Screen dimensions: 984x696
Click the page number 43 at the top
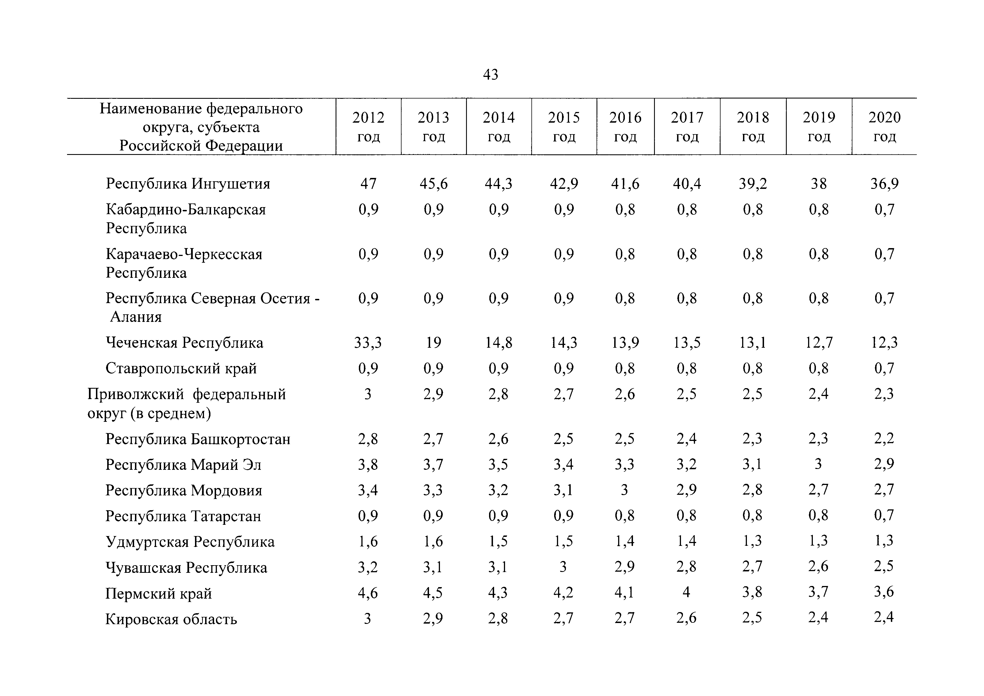(491, 75)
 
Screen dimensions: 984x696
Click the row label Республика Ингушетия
(188, 184)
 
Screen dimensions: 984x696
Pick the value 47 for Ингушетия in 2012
(368, 184)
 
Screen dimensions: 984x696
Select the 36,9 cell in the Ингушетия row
(884, 184)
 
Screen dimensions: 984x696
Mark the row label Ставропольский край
(181, 368)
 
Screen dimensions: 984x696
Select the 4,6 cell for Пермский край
(368, 593)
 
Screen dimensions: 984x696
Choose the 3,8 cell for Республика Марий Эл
(368, 464)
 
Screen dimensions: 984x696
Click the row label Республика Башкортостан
(198, 439)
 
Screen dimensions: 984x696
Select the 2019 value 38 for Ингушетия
(818, 184)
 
